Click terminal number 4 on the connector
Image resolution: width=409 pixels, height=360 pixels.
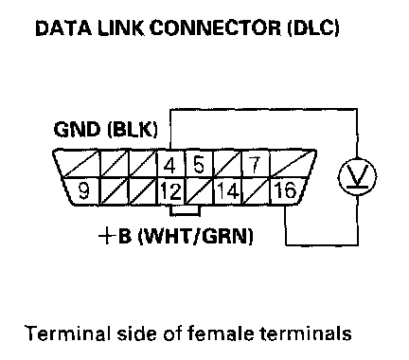[170, 165]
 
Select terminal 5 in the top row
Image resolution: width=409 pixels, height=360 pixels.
[199, 164]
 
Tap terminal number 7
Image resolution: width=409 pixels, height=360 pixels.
[255, 164]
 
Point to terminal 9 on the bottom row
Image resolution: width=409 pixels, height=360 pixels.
[83, 191]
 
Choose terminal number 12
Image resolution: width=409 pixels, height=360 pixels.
[171, 191]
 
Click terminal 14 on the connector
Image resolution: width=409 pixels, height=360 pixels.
[228, 191]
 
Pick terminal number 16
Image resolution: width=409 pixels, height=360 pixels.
[285, 190]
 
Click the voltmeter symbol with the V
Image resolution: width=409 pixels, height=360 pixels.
[357, 176]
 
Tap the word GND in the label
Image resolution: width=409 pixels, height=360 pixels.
[77, 129]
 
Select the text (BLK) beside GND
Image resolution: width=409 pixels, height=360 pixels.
[133, 130]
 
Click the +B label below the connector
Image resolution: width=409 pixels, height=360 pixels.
[115, 236]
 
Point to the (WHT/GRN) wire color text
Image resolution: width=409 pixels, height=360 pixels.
[196, 236]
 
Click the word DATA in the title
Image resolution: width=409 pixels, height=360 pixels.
[63, 27]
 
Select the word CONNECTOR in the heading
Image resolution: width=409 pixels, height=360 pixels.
[215, 27]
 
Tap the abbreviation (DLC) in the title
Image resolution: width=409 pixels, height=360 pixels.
[313, 27]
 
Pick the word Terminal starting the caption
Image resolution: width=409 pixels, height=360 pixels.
[68, 333]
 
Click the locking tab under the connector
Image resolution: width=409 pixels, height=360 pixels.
[185, 210]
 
